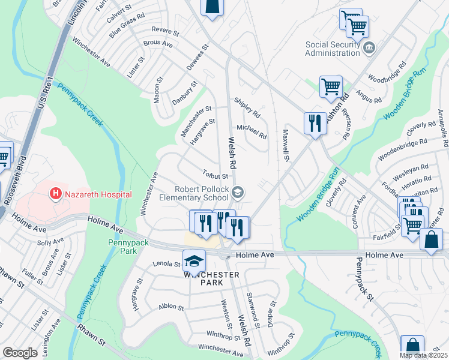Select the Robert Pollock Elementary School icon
[238, 192]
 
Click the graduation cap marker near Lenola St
[194, 261]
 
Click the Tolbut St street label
[215, 176]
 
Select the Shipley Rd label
[247, 108]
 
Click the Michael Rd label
[251, 130]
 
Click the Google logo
[20, 352]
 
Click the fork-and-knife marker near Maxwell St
[315, 124]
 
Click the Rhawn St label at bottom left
[91, 335]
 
